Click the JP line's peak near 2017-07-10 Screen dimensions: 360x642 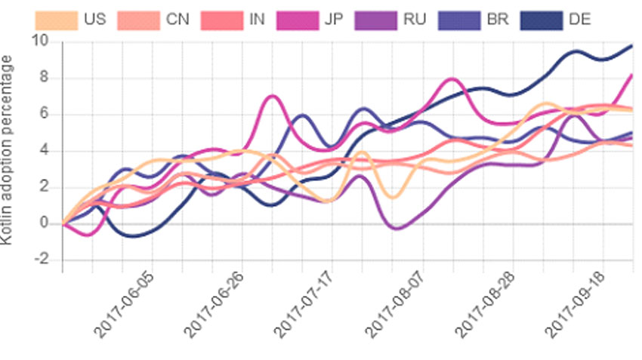tap(272, 96)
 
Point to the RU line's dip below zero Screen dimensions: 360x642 tap(396, 228)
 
